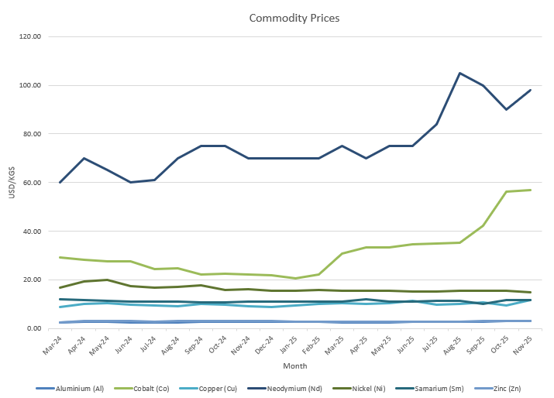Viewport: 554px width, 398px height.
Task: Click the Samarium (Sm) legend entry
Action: [x=433, y=389]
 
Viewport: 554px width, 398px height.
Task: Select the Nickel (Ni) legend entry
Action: [x=361, y=389]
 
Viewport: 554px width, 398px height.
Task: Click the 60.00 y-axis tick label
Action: [x=33, y=183]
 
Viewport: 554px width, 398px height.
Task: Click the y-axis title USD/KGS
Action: [x=12, y=183]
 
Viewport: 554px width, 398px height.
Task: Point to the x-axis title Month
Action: [x=294, y=365]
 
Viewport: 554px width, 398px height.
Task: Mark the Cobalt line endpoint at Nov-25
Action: [x=530, y=190]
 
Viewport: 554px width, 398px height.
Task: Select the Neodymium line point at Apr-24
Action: [x=84, y=158]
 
